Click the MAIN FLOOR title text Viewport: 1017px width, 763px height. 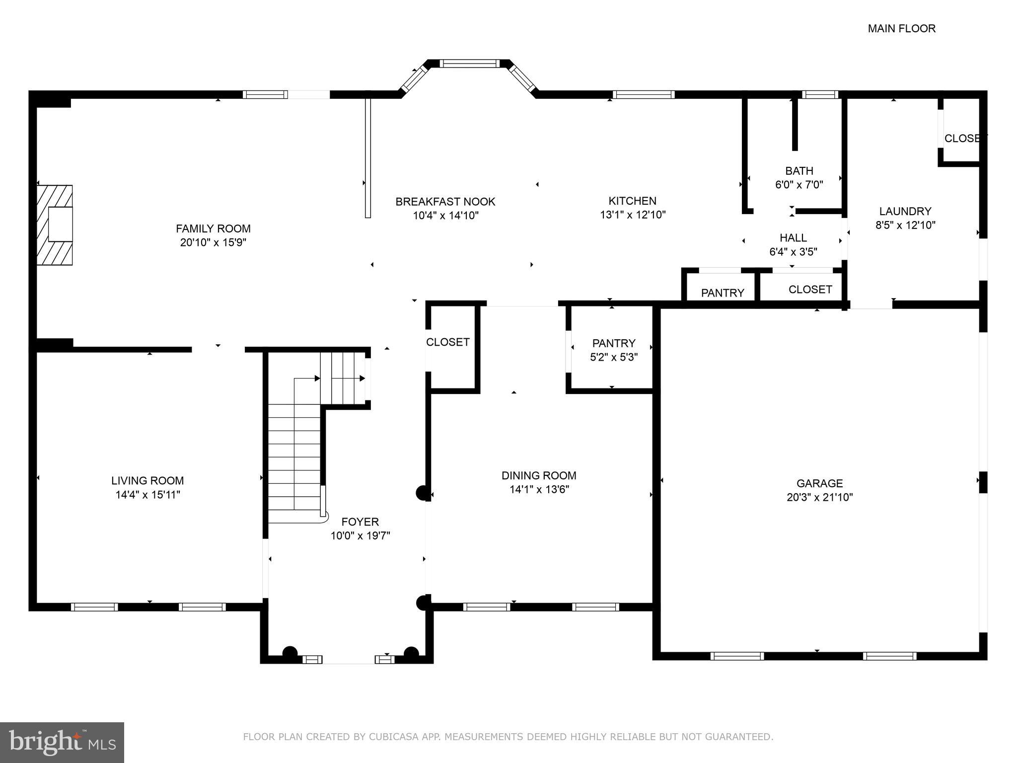[901, 29]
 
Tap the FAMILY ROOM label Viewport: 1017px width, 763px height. [213, 229]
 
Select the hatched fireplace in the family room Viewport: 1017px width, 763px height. [55, 225]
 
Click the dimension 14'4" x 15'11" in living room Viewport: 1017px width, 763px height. [147, 494]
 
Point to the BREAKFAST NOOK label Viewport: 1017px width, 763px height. [445, 202]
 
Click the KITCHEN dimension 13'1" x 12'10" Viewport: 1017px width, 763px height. [632, 215]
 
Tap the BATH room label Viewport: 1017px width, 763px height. [799, 171]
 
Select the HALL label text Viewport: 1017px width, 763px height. [793, 238]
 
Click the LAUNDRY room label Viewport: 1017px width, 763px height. [905, 211]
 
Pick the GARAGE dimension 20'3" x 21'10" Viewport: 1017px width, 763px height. [819, 497]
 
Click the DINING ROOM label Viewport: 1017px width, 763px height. [539, 475]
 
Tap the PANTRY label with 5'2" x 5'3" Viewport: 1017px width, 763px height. [614, 343]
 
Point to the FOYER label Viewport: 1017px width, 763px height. [360, 522]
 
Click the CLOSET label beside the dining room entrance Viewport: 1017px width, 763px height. [447, 342]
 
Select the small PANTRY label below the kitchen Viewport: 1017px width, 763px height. [722, 293]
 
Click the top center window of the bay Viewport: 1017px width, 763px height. [469, 64]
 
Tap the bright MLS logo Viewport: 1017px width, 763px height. [62, 742]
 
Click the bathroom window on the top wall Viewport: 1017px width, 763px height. [820, 94]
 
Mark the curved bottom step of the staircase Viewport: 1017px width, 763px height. [298, 517]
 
